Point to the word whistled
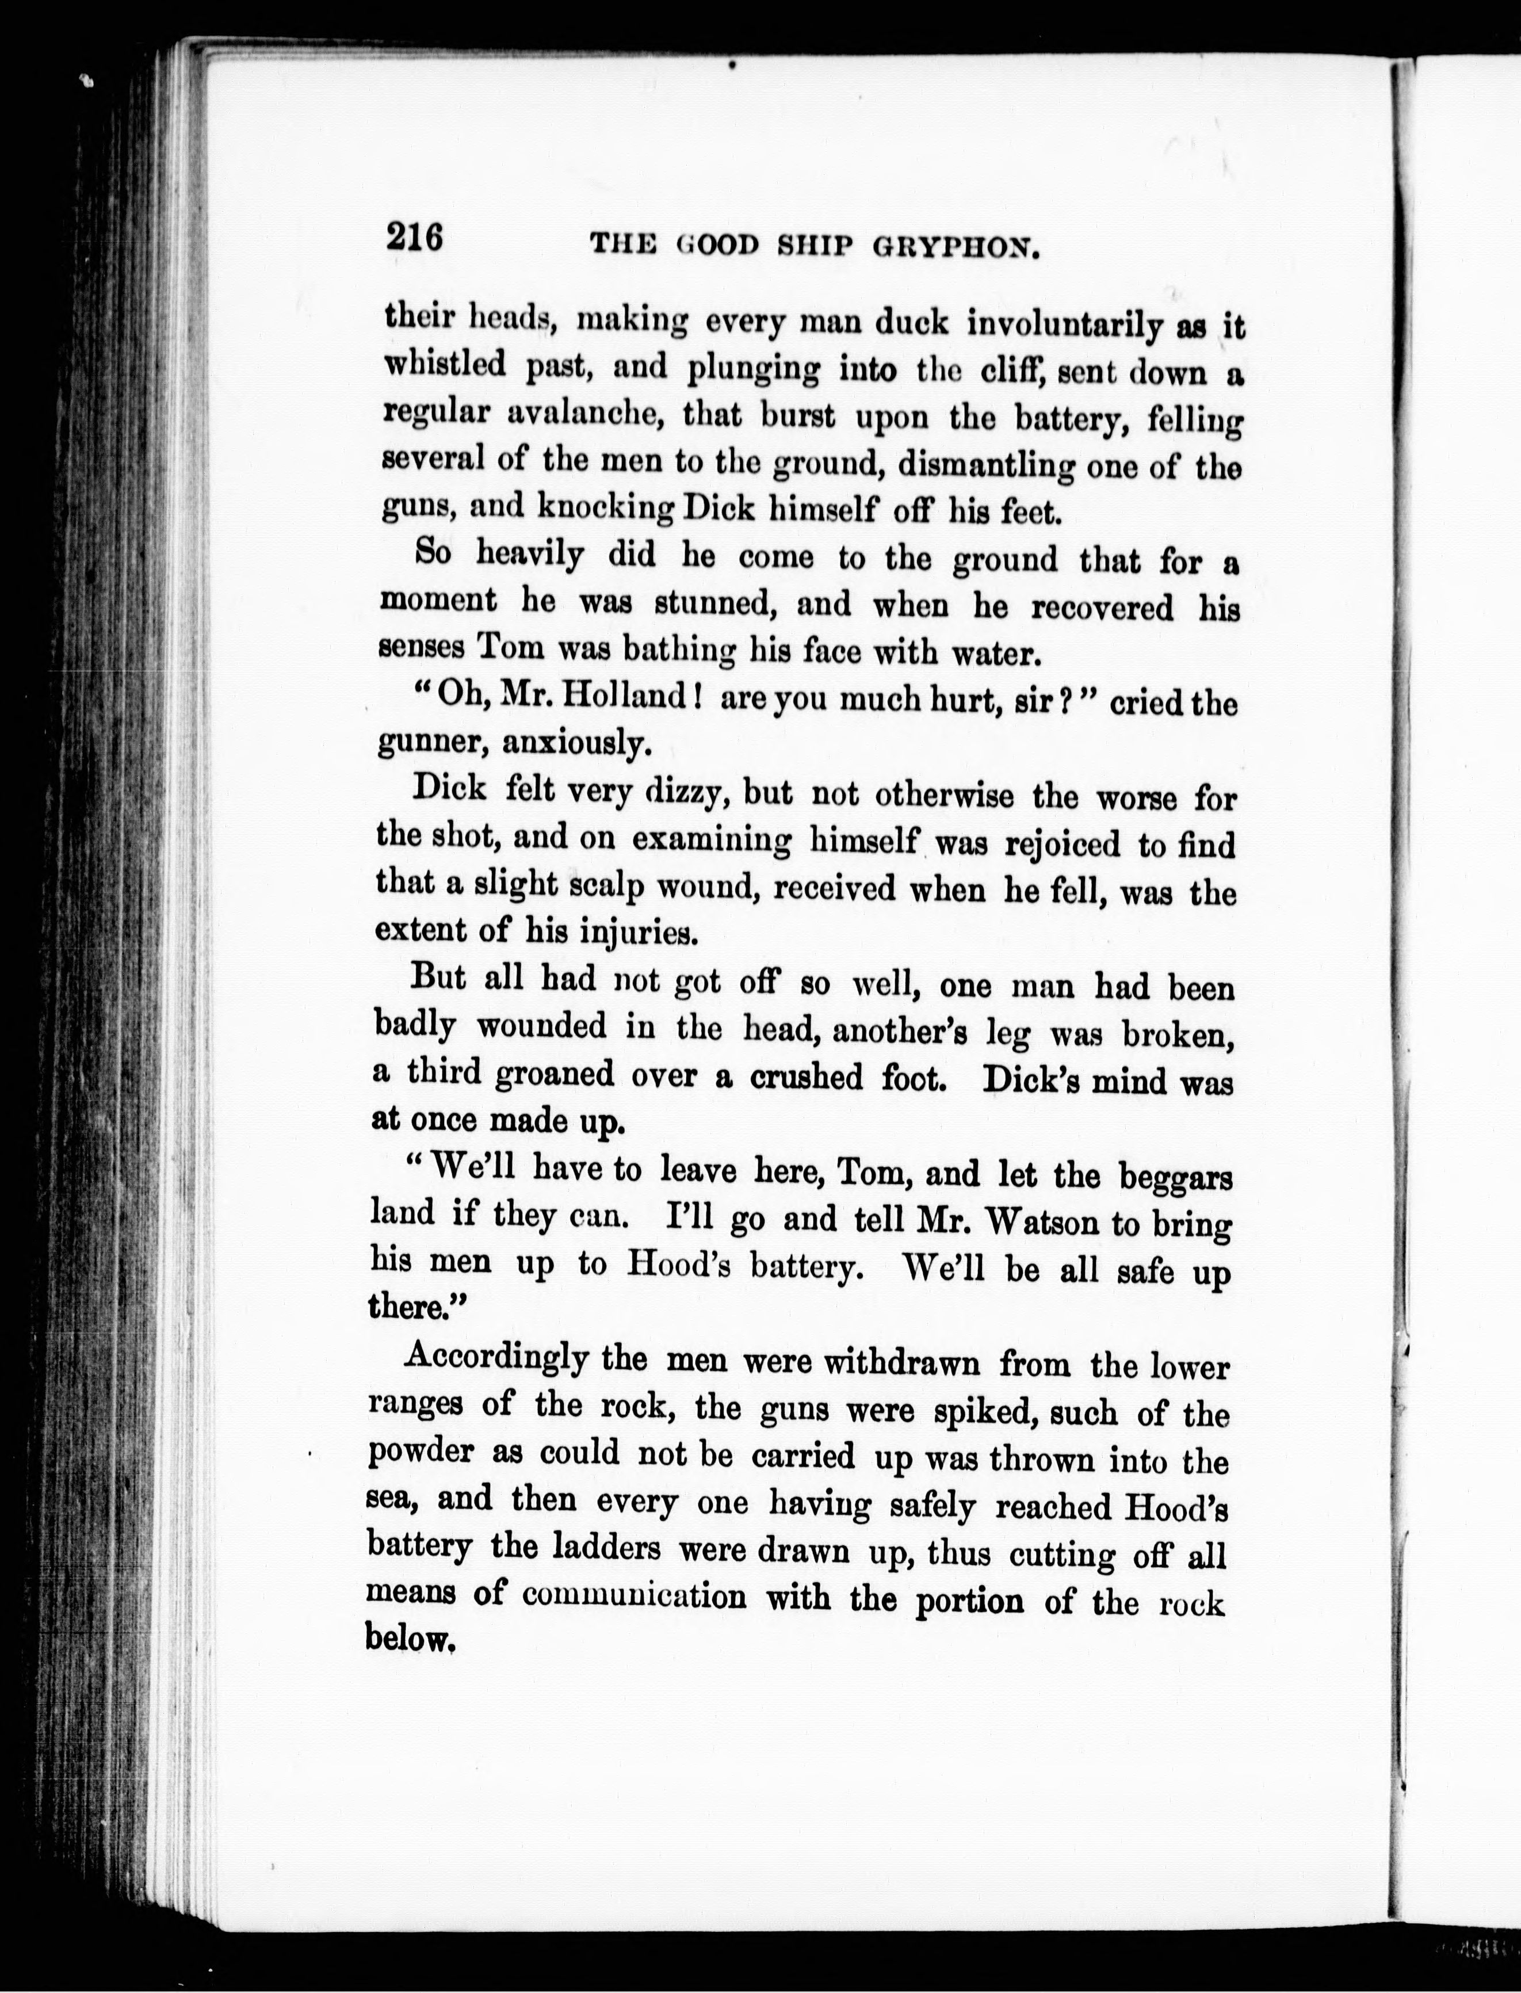click(x=445, y=364)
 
